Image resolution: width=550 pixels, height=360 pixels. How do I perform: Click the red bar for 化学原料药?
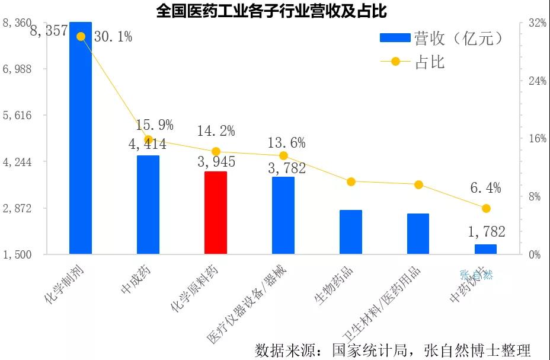[x=216, y=213]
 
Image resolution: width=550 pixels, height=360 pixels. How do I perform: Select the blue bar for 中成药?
[x=148, y=205]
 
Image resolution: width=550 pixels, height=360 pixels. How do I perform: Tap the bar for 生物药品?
[x=351, y=232]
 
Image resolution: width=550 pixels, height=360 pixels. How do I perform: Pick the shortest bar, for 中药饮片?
[x=486, y=249]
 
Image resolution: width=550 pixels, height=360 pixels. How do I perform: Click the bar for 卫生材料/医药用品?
[x=418, y=234]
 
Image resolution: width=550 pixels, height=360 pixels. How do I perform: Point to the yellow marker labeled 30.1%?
[x=81, y=36]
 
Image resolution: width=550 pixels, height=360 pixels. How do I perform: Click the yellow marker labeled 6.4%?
[x=486, y=208]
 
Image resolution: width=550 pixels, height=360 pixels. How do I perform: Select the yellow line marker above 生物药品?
[x=351, y=181]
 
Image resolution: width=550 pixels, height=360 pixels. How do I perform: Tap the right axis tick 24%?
[x=537, y=81]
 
